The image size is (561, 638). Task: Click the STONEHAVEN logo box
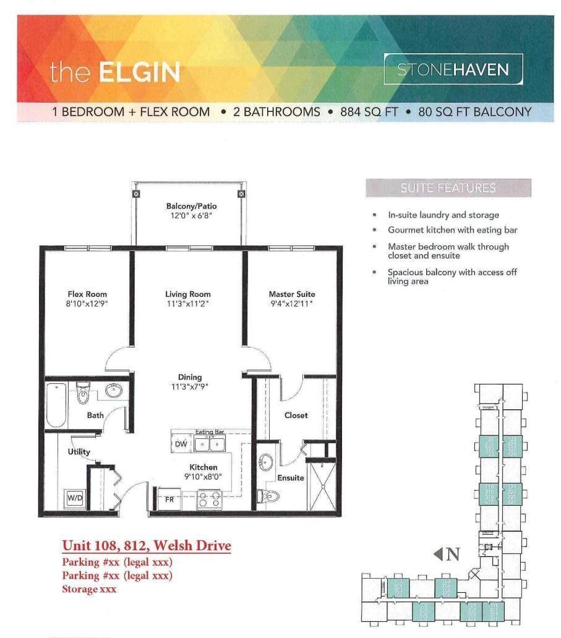tap(453, 69)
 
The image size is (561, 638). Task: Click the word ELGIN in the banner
tap(139, 73)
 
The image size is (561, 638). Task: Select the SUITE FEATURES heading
tap(448, 188)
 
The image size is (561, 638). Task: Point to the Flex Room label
tap(87, 294)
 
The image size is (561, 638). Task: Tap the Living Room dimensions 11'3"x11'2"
tap(188, 304)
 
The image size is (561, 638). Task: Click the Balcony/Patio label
tap(191, 206)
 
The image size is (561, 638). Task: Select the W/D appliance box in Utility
tap(74, 496)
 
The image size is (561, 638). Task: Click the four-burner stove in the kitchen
tap(210, 499)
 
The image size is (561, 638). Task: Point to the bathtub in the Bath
tap(56, 406)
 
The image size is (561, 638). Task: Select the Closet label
tap(296, 415)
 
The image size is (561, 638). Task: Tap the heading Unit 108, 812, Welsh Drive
tap(147, 546)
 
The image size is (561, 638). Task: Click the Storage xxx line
tap(89, 589)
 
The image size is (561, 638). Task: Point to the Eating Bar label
tap(208, 432)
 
